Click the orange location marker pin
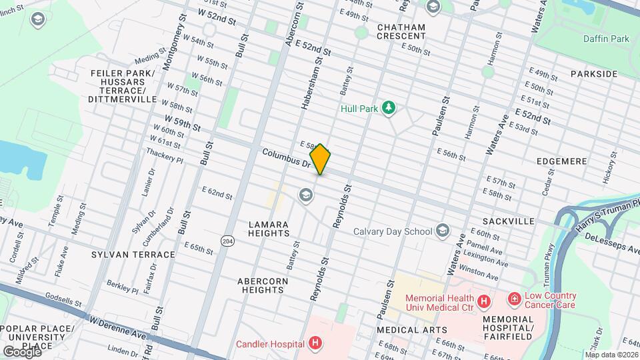pos(320,159)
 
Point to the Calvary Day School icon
pos(441,231)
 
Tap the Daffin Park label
pos(605,39)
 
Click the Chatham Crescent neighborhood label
pos(401,31)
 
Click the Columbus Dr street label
pos(287,158)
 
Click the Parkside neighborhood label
pos(594,73)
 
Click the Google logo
pos(21,351)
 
